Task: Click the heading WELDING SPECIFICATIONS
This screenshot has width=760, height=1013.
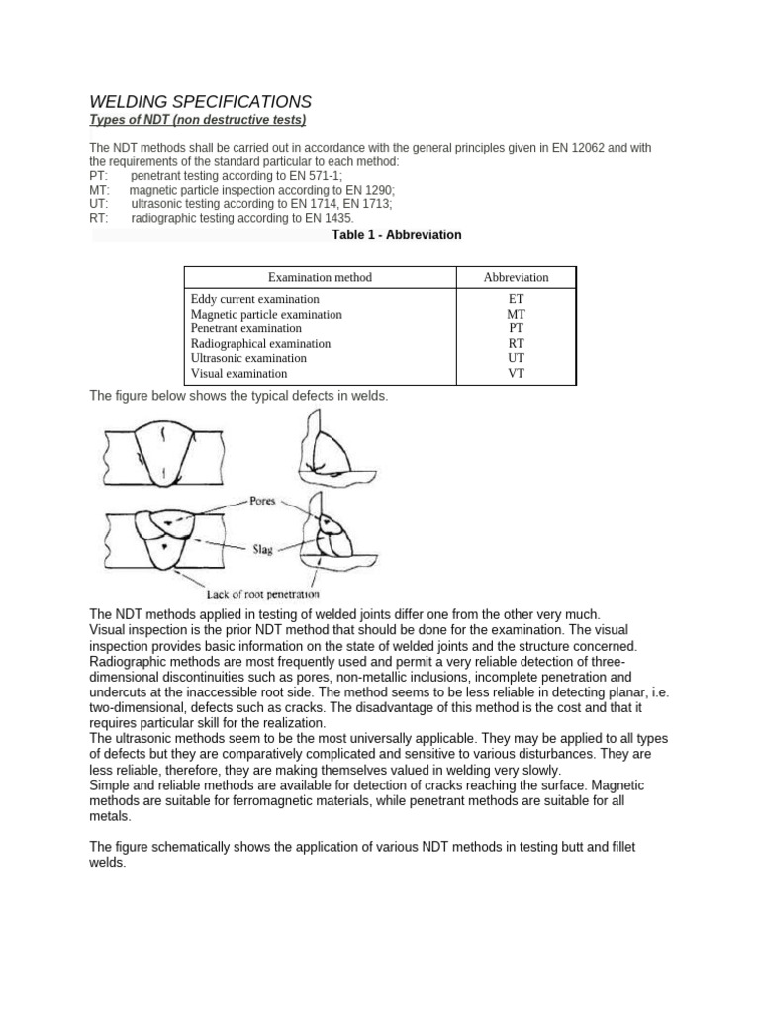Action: point(200,101)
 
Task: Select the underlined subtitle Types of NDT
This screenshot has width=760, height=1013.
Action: point(198,120)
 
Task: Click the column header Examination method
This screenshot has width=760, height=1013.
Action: point(320,277)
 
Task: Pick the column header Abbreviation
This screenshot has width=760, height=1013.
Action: point(516,277)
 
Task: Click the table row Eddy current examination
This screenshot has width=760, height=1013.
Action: point(254,299)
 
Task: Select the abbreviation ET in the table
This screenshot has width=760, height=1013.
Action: point(516,299)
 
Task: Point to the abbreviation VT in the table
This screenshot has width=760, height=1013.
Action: point(516,374)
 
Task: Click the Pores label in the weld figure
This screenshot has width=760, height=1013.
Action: point(262,501)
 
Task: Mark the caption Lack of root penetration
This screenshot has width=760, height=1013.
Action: point(262,594)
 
